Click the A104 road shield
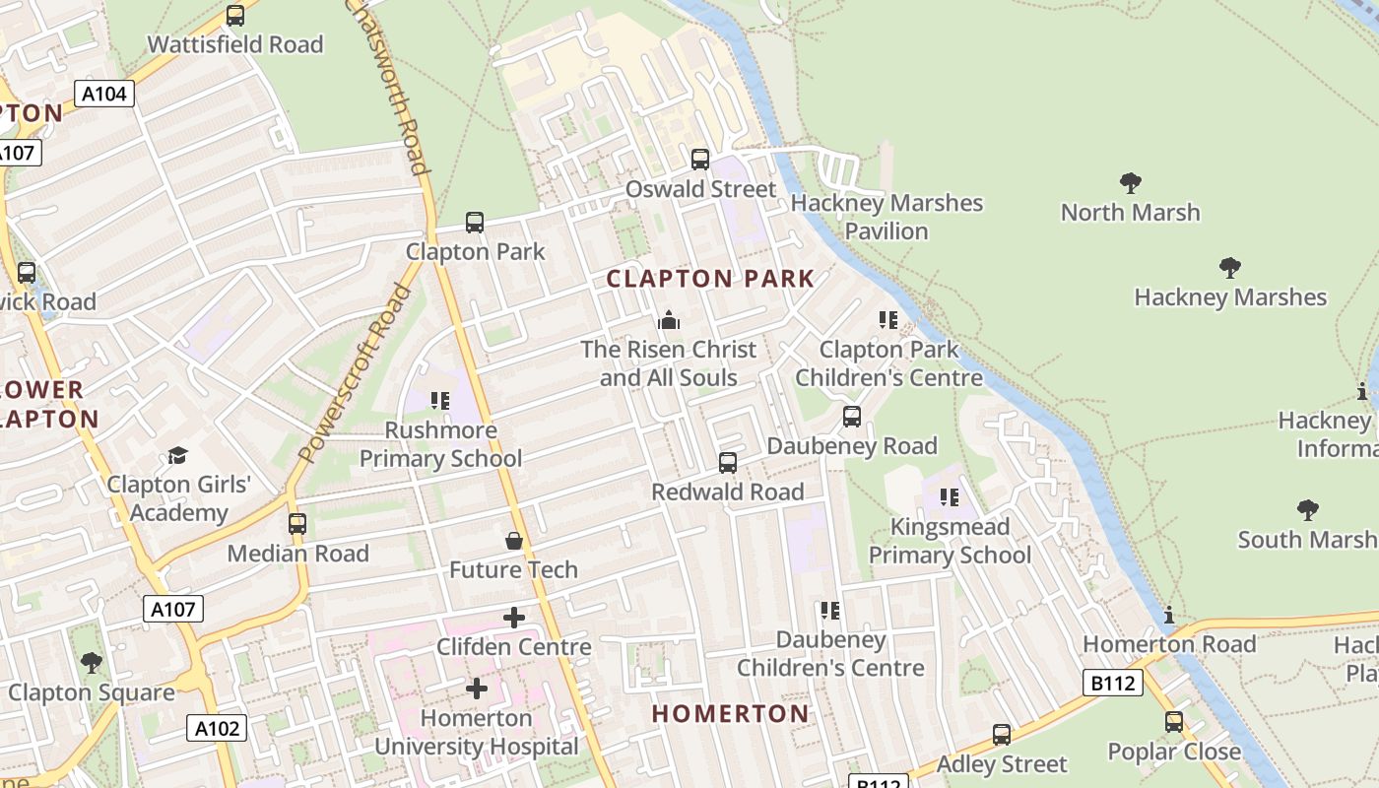coord(103,95)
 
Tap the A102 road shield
coord(216,728)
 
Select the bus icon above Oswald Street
coord(700,159)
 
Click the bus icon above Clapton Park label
coord(475,223)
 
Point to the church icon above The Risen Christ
coord(669,320)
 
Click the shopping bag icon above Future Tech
coord(513,541)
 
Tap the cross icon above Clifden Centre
coord(514,618)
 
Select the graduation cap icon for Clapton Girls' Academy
coord(177,455)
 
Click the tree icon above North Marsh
coord(1130,182)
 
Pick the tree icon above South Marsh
coord(1307,509)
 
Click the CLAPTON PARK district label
coord(710,279)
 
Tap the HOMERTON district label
coord(730,713)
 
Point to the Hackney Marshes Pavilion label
coord(886,217)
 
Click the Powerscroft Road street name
coord(355,374)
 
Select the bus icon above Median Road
coord(297,524)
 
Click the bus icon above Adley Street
coord(1002,734)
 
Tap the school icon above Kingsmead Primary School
coord(950,497)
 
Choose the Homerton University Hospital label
coord(477,732)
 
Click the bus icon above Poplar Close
coord(1173,722)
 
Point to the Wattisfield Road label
coord(235,44)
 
